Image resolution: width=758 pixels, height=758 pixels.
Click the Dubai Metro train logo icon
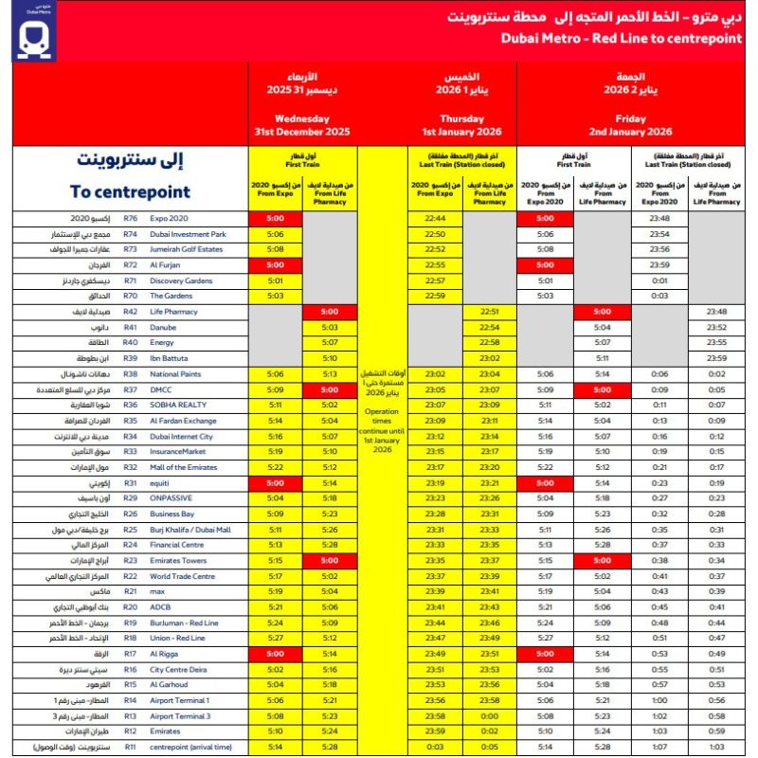click(37, 36)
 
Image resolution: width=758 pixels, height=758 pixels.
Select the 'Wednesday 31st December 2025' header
click(301, 125)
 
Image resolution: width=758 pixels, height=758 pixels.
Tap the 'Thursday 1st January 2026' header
click(460, 125)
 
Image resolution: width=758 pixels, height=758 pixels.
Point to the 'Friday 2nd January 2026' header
click(630, 125)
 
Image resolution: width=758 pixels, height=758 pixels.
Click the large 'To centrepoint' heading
click(130, 191)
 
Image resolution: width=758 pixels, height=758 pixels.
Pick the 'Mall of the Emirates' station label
click(180, 467)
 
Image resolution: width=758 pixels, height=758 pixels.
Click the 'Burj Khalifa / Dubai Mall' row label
click(189, 530)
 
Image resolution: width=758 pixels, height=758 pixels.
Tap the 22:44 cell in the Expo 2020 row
click(435, 218)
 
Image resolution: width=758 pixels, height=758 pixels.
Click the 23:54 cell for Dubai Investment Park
click(661, 233)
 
